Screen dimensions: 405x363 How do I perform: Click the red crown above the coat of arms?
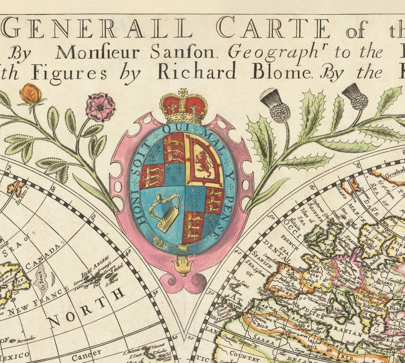(x=184, y=107)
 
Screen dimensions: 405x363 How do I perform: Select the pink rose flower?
(x=100, y=107)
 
